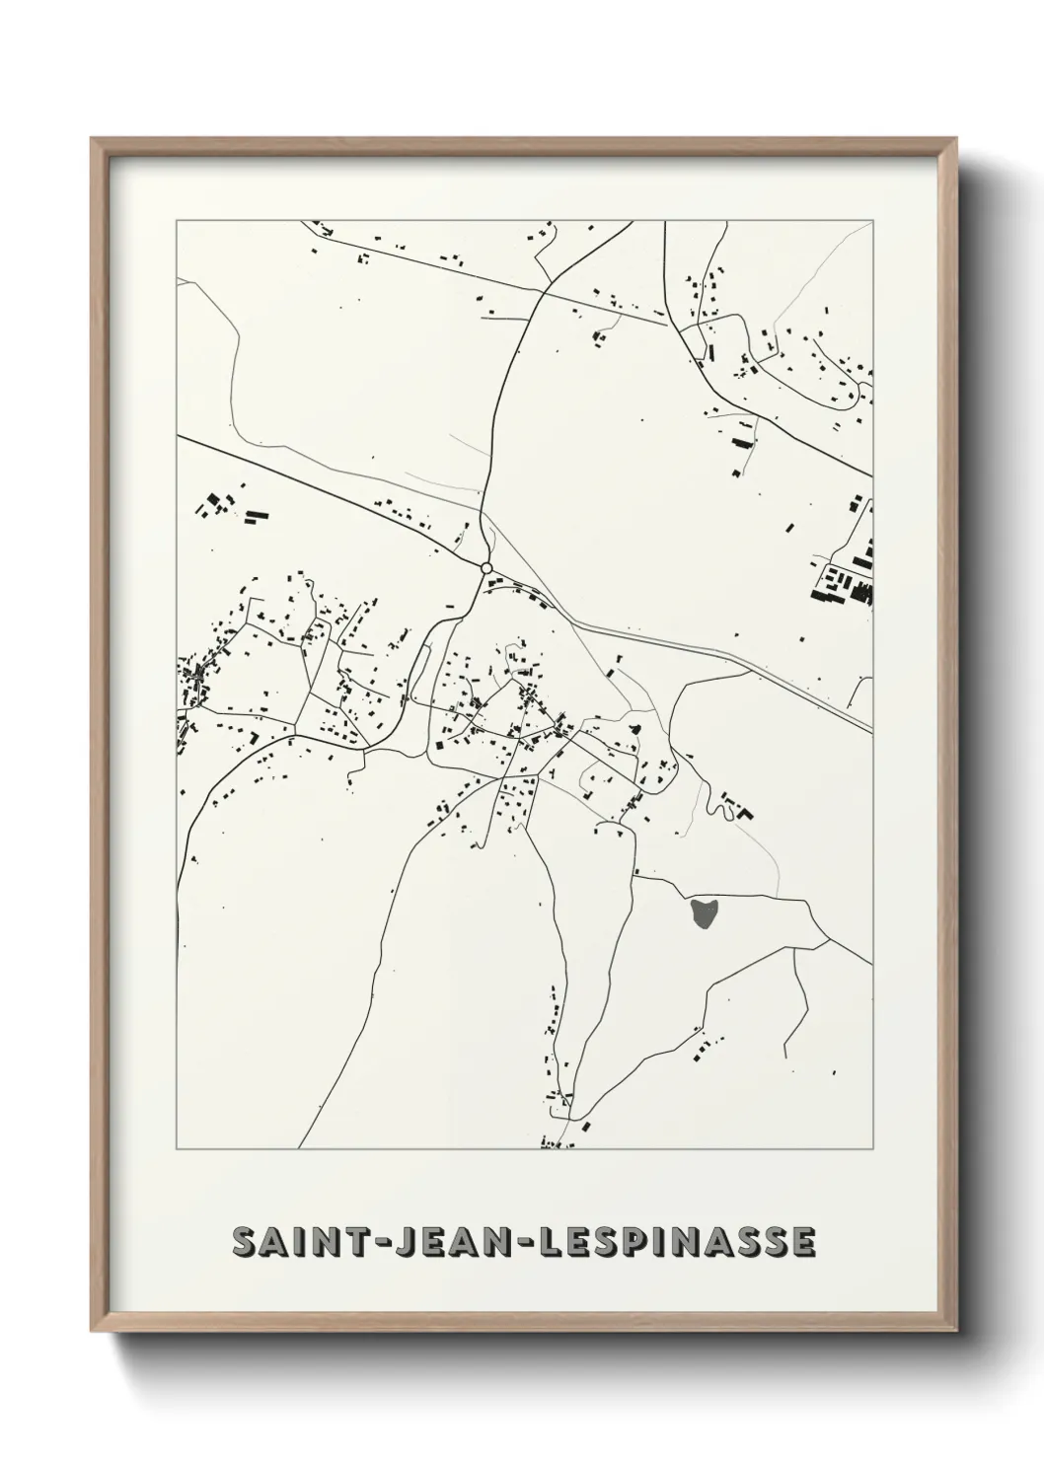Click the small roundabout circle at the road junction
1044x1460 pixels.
[485, 568]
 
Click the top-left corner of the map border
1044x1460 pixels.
[177, 221]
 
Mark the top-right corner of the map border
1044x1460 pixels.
[873, 221]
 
